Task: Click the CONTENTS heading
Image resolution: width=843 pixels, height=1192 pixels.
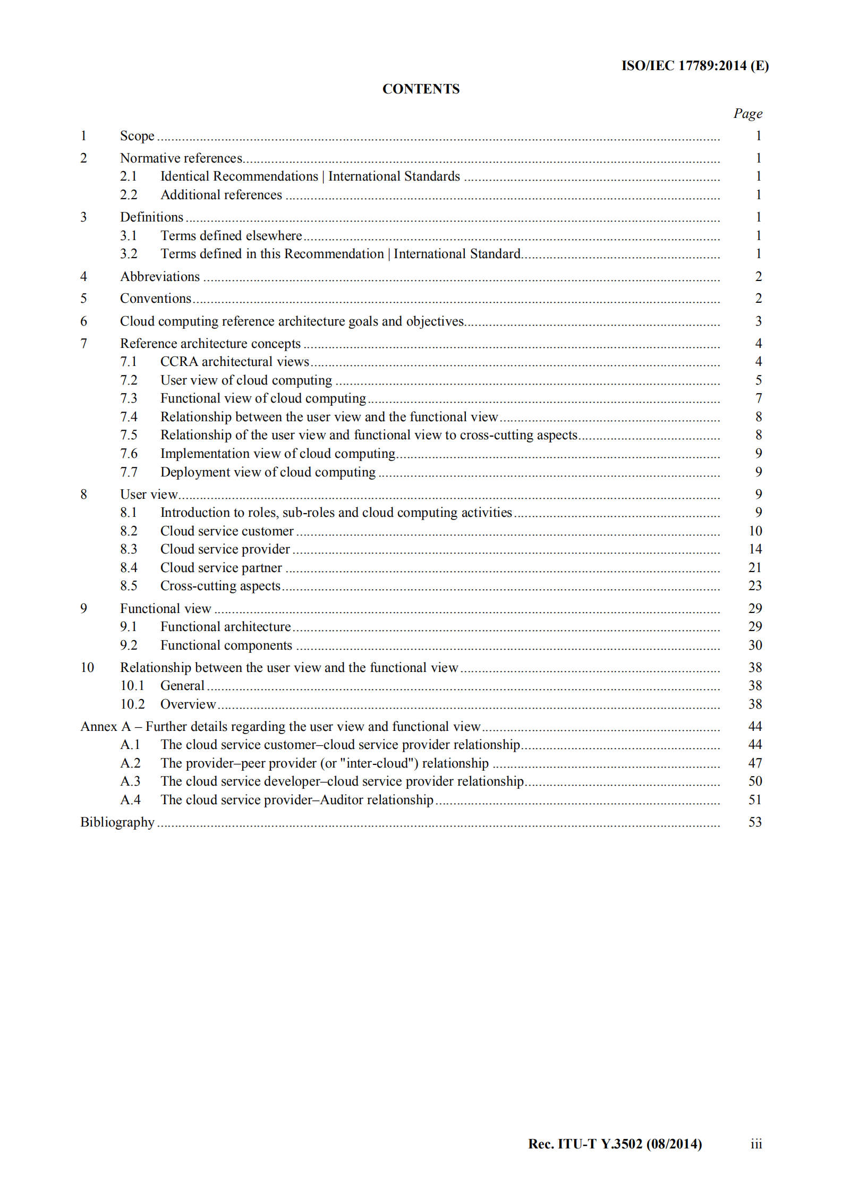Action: click(x=421, y=89)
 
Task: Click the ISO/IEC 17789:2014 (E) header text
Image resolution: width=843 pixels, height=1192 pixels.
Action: click(x=695, y=65)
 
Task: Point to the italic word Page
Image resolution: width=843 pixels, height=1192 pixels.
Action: click(x=747, y=113)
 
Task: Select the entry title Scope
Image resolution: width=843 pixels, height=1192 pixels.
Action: click(x=137, y=136)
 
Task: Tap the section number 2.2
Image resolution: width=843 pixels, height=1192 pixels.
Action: click(x=129, y=195)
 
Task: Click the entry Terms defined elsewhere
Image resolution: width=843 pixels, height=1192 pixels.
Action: click(x=231, y=235)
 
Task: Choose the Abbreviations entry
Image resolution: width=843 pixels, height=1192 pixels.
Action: click(x=160, y=276)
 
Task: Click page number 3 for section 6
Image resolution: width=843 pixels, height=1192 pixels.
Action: click(x=758, y=321)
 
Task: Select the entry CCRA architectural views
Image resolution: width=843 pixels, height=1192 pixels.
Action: click(x=235, y=362)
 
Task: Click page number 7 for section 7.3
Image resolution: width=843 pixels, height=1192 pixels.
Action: click(x=758, y=398)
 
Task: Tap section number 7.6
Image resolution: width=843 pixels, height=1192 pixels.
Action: click(x=129, y=454)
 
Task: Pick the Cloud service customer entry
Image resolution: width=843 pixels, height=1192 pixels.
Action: click(x=227, y=531)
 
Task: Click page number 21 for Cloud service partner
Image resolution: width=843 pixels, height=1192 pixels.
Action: click(x=755, y=567)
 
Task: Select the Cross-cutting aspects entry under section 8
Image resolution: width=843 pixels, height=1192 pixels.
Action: click(x=220, y=586)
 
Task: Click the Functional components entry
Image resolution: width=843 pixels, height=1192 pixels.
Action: click(x=226, y=645)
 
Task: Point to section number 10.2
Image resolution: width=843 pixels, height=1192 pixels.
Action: click(x=132, y=704)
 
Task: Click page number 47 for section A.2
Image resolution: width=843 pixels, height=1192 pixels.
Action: click(x=755, y=763)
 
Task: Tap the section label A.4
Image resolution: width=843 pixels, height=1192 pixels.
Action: click(x=130, y=799)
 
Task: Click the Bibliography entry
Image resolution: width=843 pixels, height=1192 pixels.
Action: click(x=117, y=822)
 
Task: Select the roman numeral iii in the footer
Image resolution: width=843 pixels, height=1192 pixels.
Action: click(x=756, y=1144)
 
